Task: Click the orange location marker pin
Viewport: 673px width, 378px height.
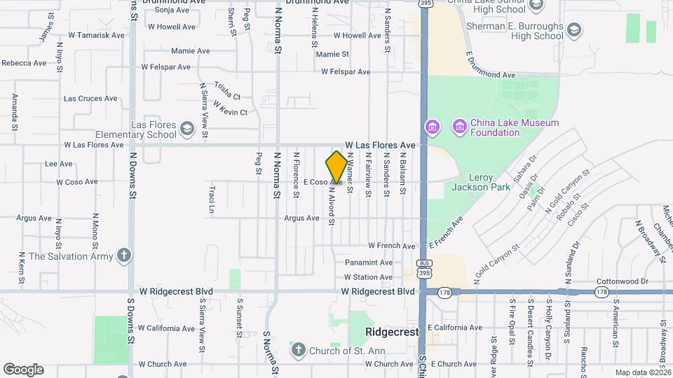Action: pyautogui.click(x=336, y=168)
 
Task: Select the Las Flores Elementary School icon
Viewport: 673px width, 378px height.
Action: pyautogui.click(x=186, y=128)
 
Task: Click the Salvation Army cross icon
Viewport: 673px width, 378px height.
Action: pyautogui.click(x=124, y=255)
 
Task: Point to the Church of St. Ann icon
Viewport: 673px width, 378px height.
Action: pyautogui.click(x=297, y=349)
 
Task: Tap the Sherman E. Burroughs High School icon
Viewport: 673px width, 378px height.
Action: pyautogui.click(x=574, y=29)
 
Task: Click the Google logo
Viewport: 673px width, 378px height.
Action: pyautogui.click(x=23, y=370)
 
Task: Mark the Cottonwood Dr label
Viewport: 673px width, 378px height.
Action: pyautogui.click(x=622, y=281)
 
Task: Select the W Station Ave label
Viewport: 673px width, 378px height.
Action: pyautogui.click(x=367, y=277)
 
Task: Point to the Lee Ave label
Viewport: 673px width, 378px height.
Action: pyautogui.click(x=59, y=164)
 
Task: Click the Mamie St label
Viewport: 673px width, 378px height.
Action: pyautogui.click(x=332, y=54)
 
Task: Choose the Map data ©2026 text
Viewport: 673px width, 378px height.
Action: pyautogui.click(x=642, y=372)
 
